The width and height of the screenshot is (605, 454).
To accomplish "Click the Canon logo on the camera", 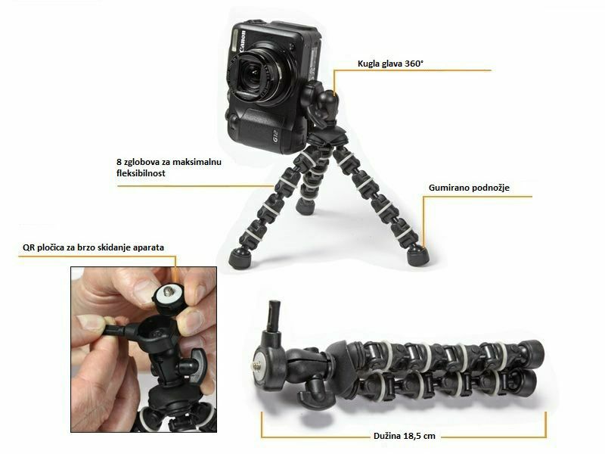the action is pyautogui.click(x=242, y=41).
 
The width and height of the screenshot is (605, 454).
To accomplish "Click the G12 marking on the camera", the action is pyautogui.click(x=276, y=137).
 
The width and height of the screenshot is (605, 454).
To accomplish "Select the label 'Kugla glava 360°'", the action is pyautogui.click(x=390, y=64).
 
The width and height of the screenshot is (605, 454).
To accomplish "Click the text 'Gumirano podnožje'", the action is pyautogui.click(x=469, y=188).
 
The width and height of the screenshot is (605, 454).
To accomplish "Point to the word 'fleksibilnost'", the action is pyautogui.click(x=141, y=173).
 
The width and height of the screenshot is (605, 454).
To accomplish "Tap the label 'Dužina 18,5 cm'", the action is pyautogui.click(x=404, y=436).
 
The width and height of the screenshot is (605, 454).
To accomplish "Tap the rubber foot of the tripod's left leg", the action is pyautogui.click(x=240, y=258).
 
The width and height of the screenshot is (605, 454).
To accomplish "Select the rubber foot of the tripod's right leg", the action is pyautogui.click(x=417, y=255).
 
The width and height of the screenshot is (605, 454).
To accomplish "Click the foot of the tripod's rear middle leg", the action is pyautogui.click(x=306, y=207).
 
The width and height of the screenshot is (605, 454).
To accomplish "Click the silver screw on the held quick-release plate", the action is pyautogui.click(x=169, y=291).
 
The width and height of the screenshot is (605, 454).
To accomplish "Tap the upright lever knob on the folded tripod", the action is pyautogui.click(x=275, y=316).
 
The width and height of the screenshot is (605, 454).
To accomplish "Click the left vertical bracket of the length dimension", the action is pyautogui.click(x=262, y=424).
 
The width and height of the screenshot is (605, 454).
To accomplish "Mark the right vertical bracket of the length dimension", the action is pyautogui.click(x=545, y=424).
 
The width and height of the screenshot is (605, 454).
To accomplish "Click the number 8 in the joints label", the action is pyautogui.click(x=119, y=162).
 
